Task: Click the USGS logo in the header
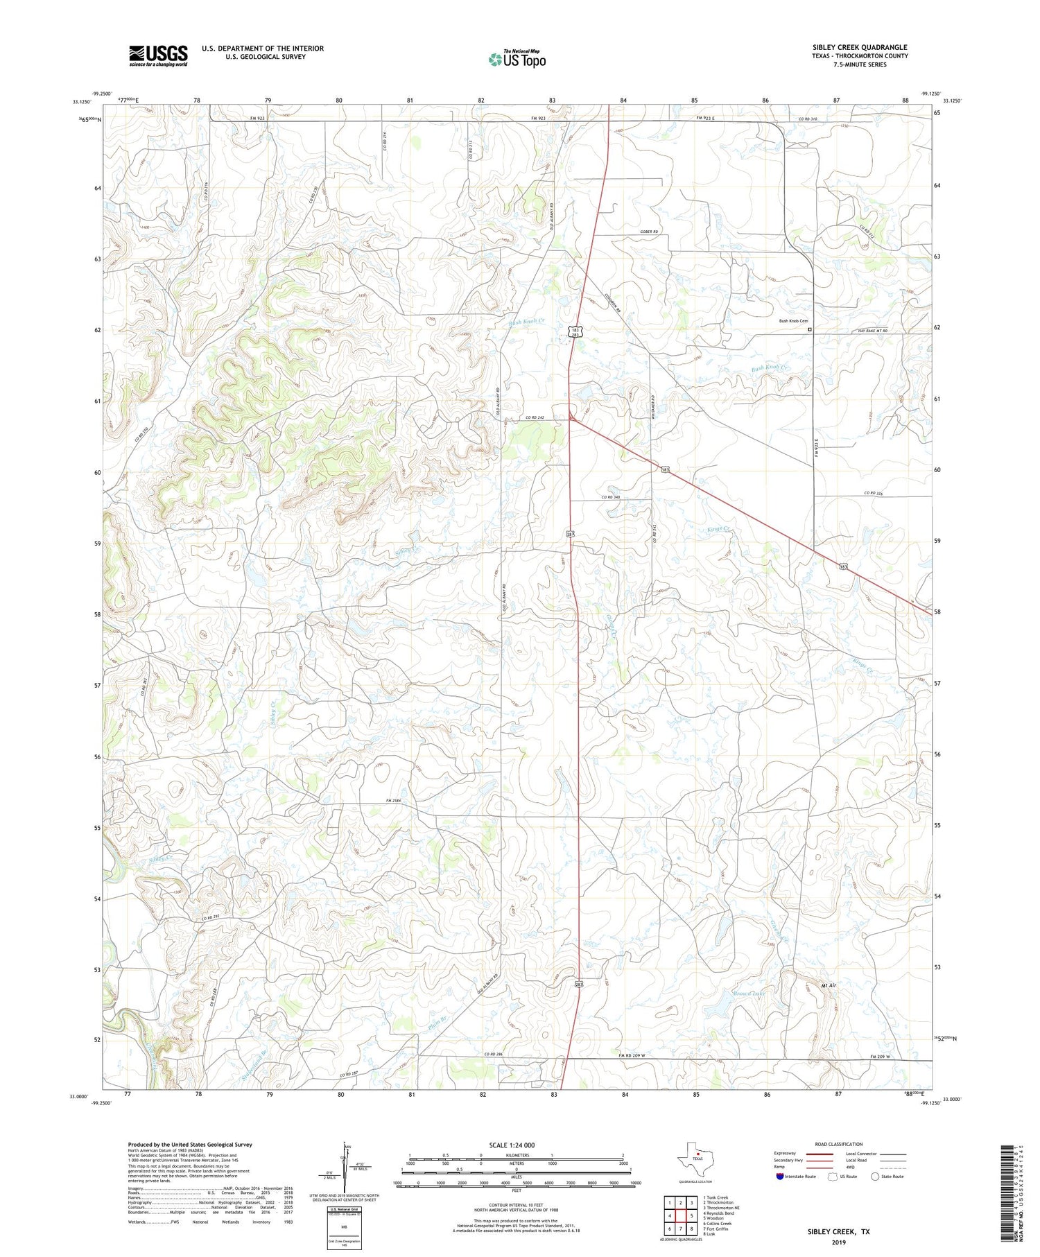coord(158,55)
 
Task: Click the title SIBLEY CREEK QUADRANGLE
coord(860,47)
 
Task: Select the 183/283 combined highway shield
coord(575,332)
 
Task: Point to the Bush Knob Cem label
coord(794,321)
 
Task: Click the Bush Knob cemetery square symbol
coord(810,330)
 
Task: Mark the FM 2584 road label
coord(396,801)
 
